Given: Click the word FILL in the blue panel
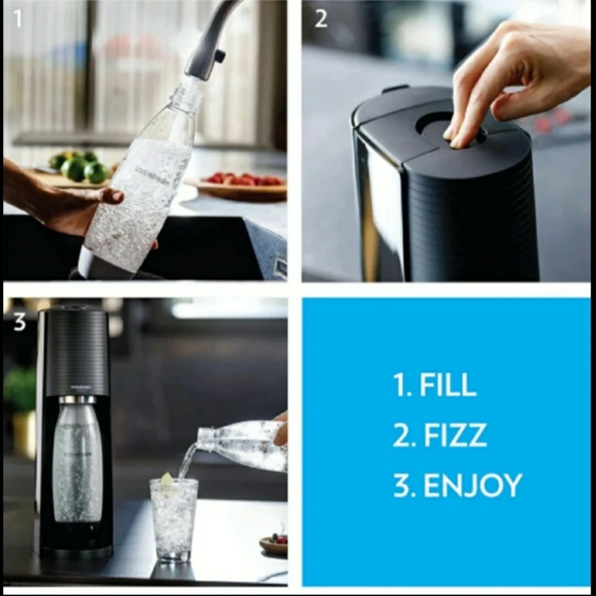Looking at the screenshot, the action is (448, 385).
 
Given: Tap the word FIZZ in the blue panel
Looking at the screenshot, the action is (455, 435).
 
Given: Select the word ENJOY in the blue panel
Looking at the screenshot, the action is (473, 485).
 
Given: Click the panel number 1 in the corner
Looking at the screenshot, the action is (18, 19).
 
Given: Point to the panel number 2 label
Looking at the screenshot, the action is (321, 19).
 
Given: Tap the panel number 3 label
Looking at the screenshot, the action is (19, 322).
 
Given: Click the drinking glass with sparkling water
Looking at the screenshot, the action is (174, 519).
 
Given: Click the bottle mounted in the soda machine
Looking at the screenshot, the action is (77, 462).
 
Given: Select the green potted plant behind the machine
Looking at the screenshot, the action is (20, 391).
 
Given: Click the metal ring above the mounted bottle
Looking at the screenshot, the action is (77, 400).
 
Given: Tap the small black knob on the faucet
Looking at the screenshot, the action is (220, 55).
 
